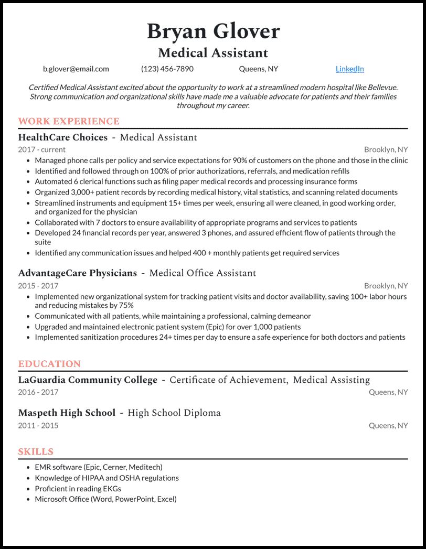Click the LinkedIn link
[349, 69]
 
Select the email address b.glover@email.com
[76, 69]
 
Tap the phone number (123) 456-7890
[167, 69]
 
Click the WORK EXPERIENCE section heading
[69, 121]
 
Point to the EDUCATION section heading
[49, 363]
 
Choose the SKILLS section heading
[36, 451]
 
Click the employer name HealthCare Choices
[63, 137]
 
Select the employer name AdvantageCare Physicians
[78, 273]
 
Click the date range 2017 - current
[42, 149]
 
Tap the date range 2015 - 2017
[38, 286]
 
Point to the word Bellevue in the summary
[381, 87]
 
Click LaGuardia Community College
[88, 380]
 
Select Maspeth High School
[67, 413]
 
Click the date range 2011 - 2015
[38, 425]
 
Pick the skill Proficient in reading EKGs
[78, 488]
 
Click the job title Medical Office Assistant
[203, 273]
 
